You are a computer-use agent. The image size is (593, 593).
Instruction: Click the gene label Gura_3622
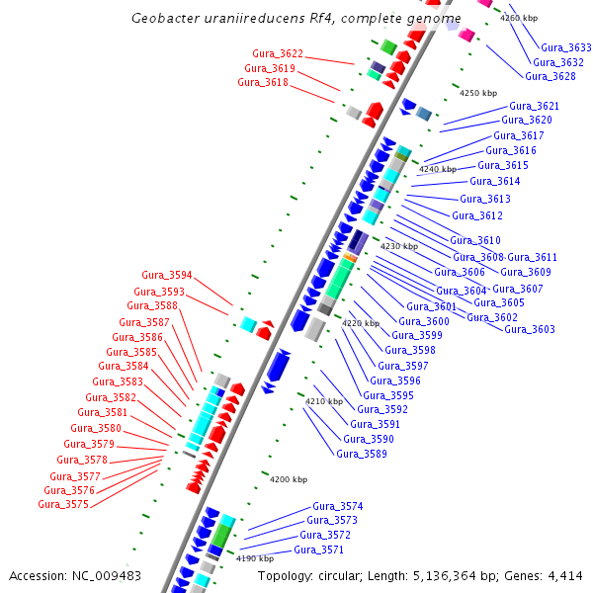[x=278, y=53]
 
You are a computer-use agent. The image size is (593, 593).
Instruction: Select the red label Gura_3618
[x=263, y=83]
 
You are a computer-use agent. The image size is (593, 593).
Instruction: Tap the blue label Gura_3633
[x=566, y=47]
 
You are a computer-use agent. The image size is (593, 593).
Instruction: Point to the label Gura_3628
[x=551, y=76]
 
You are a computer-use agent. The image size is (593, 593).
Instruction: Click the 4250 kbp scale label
[x=478, y=93]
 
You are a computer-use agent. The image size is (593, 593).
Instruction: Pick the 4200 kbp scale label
[x=289, y=479]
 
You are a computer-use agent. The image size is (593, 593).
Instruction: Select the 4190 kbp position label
[x=255, y=558]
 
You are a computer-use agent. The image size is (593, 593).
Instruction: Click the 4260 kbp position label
[x=519, y=18]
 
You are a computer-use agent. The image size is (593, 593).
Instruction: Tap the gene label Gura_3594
[x=167, y=275]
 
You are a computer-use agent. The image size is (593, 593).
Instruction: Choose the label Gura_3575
[x=63, y=504]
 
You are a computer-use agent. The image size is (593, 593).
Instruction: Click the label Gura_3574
[x=338, y=506]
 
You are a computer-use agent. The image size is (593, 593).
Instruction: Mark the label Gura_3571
[x=319, y=550]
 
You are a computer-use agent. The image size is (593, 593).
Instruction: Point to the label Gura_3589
[x=362, y=454]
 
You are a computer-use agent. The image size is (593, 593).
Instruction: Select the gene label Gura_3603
[x=530, y=329]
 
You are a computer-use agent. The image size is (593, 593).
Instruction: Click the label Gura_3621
[x=535, y=106]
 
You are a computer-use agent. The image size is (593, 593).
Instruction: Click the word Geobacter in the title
[x=163, y=19]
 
